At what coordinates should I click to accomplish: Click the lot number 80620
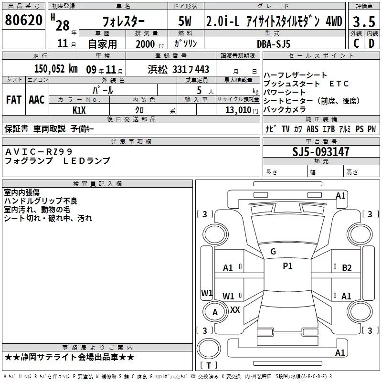tap(23, 20)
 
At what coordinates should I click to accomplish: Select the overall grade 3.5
tap(364, 21)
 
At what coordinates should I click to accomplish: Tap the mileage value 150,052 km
tap(56, 69)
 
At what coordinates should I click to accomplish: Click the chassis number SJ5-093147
tap(320, 152)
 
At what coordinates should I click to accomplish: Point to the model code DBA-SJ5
tap(274, 44)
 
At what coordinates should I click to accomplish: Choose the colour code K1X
tap(79, 110)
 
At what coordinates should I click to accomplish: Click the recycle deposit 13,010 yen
tap(242, 110)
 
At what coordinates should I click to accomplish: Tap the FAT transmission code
tap(14, 100)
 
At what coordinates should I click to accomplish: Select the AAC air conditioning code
tap(37, 100)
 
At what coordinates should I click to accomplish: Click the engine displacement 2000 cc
tap(150, 44)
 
